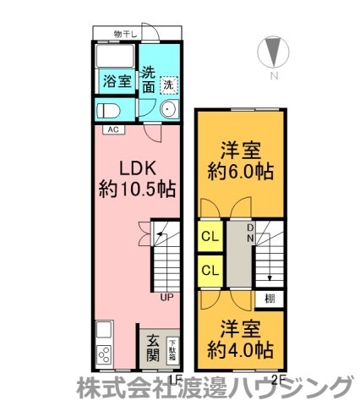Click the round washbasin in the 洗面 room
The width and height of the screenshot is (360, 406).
(x=167, y=109)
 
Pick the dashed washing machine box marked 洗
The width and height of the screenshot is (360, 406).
(x=169, y=85)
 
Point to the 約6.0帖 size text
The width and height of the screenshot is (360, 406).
(x=241, y=172)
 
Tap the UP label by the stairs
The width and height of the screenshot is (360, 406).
(x=166, y=296)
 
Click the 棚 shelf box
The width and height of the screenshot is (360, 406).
(x=269, y=298)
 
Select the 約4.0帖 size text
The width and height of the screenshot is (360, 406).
(x=241, y=347)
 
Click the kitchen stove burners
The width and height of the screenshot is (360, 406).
(x=106, y=354)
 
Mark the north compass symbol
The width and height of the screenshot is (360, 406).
(x=272, y=52)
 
